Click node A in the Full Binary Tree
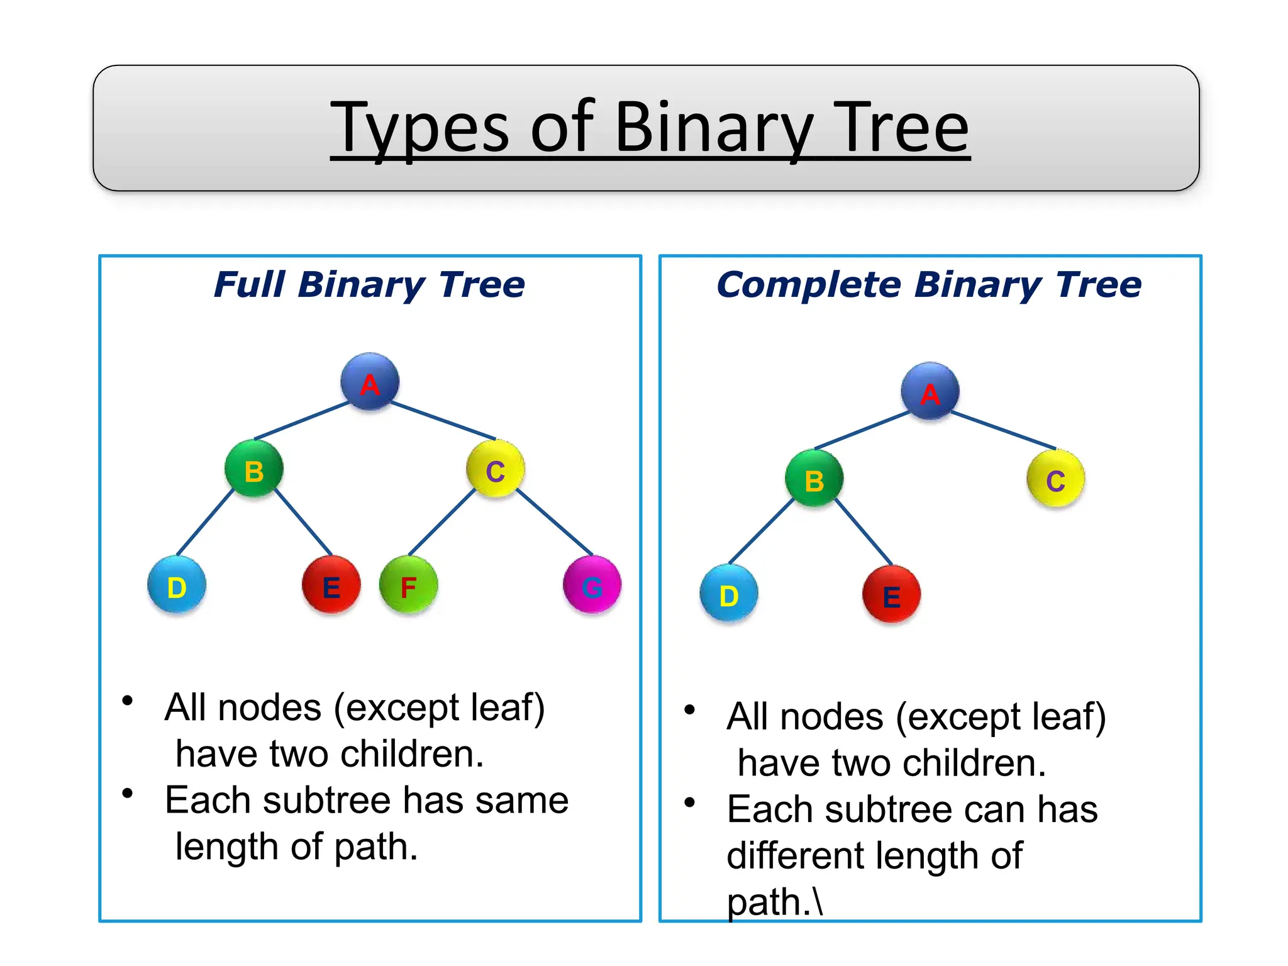point(370,382)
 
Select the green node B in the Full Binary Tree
point(254,469)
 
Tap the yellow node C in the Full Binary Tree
point(496,469)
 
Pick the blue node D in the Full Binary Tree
point(177,586)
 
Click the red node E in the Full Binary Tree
point(331,586)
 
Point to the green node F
point(409,586)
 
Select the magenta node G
point(592,586)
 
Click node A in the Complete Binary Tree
point(930,391)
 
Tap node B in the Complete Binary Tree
point(814,479)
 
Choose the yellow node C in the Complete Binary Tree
point(1056,479)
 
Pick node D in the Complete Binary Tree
point(729,594)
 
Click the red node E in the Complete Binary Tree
point(892,594)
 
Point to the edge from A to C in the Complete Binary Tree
point(1004,430)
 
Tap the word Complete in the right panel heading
point(809,285)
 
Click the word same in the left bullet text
point(522,801)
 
